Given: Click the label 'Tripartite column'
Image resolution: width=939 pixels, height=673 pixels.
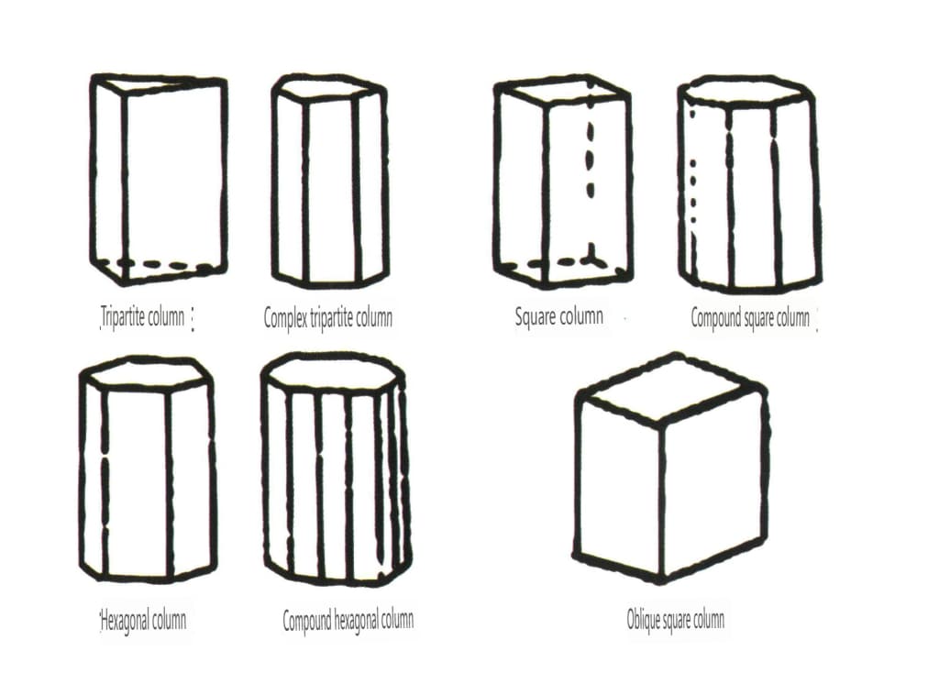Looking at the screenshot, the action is point(142,316).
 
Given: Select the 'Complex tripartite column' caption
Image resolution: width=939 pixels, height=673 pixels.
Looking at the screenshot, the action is point(328,317).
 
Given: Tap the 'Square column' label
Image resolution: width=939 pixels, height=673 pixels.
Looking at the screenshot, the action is point(558,316).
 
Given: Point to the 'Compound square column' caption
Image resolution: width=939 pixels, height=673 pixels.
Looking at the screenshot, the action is point(750,317).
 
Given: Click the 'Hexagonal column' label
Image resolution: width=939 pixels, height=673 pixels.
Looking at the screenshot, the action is point(143,620).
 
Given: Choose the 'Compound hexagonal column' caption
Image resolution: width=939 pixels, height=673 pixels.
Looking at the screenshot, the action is point(348,620).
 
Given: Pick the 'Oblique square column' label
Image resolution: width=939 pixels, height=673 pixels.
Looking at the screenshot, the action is point(676,619).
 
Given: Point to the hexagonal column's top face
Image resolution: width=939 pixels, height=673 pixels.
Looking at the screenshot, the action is point(146,372).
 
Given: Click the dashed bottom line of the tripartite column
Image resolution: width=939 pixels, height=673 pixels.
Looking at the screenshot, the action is point(161,265).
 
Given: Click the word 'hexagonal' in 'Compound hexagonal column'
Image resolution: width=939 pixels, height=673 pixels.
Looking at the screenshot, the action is point(356,621).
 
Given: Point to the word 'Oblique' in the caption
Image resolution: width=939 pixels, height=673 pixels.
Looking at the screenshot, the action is point(641,619).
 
